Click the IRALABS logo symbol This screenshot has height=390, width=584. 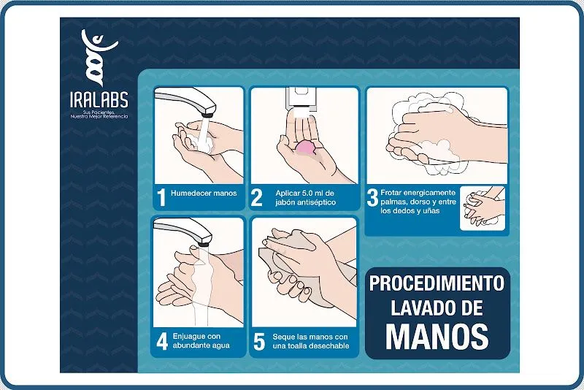coord(99,55)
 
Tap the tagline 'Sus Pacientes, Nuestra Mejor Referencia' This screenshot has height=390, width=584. coord(99,115)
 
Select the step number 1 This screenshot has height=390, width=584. coord(161,196)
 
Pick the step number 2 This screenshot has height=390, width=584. coord(257,196)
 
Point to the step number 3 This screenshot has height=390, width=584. coord(372,196)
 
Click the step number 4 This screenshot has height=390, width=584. coord(161,341)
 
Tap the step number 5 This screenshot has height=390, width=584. coord(258,341)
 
